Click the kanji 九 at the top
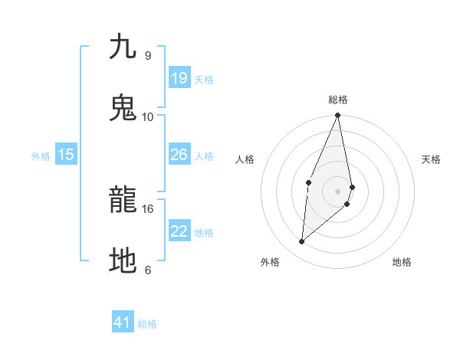click(123, 47)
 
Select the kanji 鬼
click(123, 108)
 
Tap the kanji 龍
click(123, 201)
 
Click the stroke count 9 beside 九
click(147, 55)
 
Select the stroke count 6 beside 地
click(147, 270)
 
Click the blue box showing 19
click(179, 78)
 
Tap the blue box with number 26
click(179, 155)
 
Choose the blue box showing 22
click(179, 231)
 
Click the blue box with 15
click(66, 155)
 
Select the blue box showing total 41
click(123, 322)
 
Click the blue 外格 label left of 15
click(41, 156)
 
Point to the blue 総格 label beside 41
click(147, 324)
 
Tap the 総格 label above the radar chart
click(338, 100)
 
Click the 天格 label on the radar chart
click(431, 159)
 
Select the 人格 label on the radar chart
click(245, 159)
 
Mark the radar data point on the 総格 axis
click(338, 116)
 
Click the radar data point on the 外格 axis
click(302, 241)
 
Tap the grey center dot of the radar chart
click(338, 191)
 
